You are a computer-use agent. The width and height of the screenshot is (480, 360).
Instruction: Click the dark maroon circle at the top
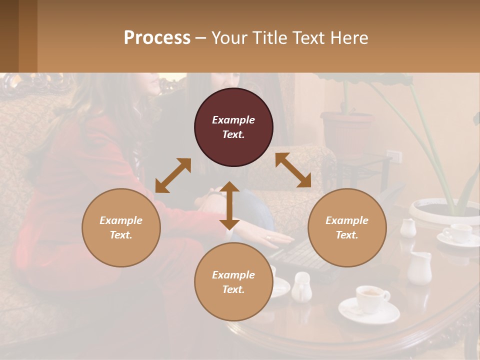click(x=233, y=127)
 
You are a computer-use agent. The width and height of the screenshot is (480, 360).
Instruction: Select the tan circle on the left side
click(x=121, y=227)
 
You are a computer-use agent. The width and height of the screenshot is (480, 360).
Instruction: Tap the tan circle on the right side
click(x=347, y=227)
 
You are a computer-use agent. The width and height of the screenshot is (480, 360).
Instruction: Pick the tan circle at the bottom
click(x=233, y=282)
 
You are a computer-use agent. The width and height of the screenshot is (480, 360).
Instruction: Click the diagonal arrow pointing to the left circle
click(x=173, y=175)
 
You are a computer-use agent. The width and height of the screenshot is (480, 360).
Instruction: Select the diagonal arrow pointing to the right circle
click(x=293, y=170)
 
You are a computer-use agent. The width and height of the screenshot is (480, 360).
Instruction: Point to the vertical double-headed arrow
click(x=229, y=205)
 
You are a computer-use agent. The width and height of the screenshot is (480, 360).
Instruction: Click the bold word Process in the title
click(x=157, y=37)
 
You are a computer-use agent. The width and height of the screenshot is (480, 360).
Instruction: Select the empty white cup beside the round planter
click(x=457, y=233)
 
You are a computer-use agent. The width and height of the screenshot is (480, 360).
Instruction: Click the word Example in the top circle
click(x=233, y=120)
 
